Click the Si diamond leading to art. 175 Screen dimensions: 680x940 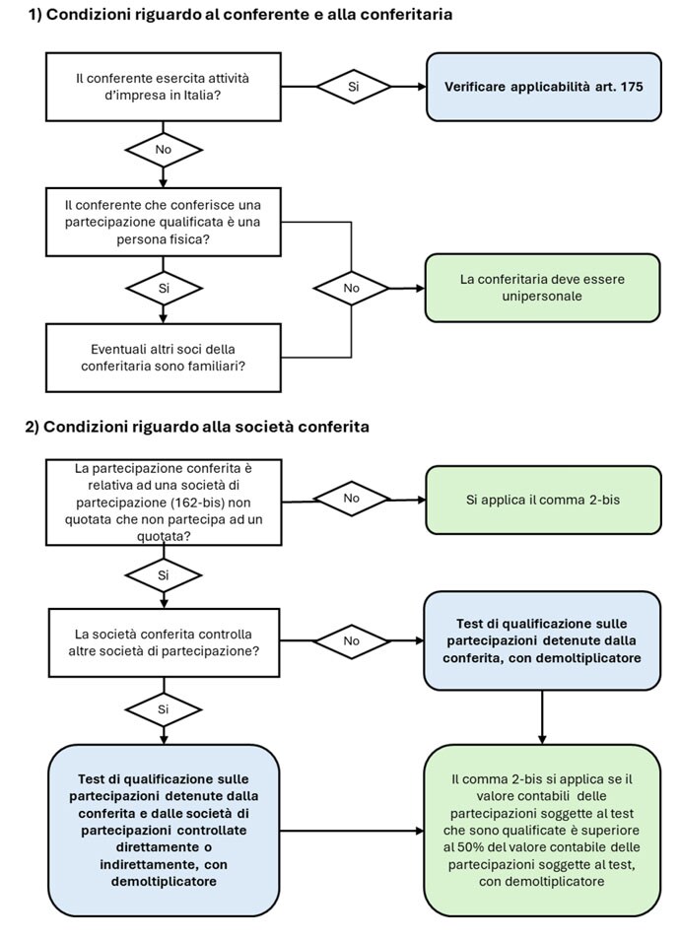pos(353,87)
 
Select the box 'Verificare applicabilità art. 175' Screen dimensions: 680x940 pos(544,87)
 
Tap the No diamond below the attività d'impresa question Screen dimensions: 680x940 pos(164,149)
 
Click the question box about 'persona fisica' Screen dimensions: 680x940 pos(164,222)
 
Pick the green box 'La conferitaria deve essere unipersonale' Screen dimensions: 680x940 pos(543,288)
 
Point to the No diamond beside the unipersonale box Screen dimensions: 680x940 pos(352,289)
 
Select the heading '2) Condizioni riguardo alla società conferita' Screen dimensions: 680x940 pos(197,427)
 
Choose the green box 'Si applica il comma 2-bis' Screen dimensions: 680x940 pos(543,500)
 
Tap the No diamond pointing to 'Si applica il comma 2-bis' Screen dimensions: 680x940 pos(352,499)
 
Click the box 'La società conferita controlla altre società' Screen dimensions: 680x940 pos(164,642)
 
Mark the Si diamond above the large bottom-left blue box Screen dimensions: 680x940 pos(164,709)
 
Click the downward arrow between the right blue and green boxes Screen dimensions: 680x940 pos(542,717)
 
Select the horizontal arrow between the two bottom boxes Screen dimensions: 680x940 pos(353,831)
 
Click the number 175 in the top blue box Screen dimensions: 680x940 pos(632,87)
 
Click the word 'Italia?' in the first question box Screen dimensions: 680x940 pos(200,96)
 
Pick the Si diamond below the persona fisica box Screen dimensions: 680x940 pos(164,289)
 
